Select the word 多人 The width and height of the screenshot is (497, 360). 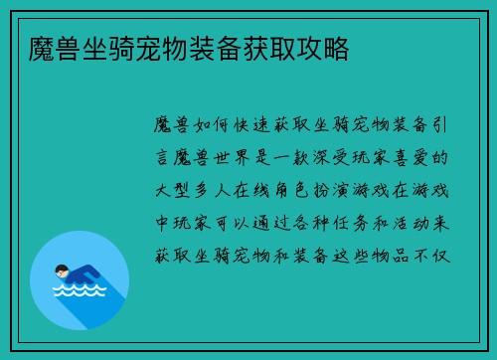(217, 189)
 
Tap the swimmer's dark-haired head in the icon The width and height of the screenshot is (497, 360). (61, 270)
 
